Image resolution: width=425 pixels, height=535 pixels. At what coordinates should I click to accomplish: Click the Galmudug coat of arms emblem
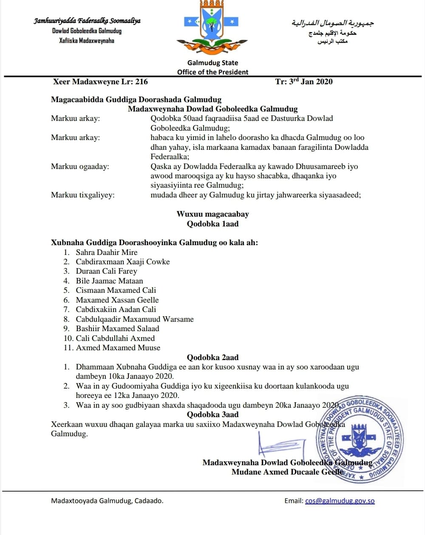coord(212,28)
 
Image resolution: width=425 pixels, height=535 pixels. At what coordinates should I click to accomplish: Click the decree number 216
coord(142,82)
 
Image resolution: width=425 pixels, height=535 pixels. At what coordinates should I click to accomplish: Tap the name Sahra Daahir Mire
coord(107,252)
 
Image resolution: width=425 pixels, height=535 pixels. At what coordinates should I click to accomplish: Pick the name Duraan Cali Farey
coord(106,271)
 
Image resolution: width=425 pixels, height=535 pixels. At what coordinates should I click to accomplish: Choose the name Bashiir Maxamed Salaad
coord(117,329)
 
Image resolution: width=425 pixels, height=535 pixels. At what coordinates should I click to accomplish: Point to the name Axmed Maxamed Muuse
coord(118,348)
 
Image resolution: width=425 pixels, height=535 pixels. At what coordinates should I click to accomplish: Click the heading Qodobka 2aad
coord(212,358)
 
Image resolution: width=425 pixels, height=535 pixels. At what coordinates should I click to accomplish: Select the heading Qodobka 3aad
coord(212,415)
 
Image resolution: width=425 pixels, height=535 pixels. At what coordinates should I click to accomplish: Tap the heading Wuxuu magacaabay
coord(212,214)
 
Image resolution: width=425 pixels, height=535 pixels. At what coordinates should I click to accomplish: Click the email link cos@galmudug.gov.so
coord(340,501)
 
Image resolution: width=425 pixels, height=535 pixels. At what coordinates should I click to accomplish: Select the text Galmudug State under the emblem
coord(212,63)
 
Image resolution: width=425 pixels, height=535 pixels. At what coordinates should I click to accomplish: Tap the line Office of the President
coord(212,72)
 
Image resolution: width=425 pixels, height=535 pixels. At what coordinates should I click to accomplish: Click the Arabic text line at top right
coord(332,23)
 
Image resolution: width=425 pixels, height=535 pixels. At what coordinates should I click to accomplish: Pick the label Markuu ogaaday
coord(80,166)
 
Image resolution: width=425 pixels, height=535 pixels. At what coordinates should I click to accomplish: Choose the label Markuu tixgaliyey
coord(82,195)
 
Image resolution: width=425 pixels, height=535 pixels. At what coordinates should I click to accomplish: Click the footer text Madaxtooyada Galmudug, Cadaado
coord(107,501)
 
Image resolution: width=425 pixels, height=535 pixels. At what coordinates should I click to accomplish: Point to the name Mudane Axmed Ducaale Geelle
coord(287,472)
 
